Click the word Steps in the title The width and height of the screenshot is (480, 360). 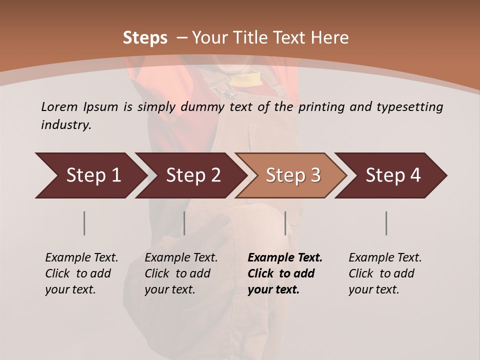click(145, 38)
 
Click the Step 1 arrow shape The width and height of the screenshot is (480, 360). click(90, 175)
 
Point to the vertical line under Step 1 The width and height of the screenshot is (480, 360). click(84, 223)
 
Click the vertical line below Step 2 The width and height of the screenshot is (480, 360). click(184, 223)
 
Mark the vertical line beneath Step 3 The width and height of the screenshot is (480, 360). click(285, 223)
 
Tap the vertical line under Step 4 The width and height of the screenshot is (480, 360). click(386, 223)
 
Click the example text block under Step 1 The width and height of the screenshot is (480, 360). click(81, 273)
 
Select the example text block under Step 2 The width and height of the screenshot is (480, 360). click(181, 273)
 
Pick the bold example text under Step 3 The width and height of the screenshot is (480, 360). click(285, 273)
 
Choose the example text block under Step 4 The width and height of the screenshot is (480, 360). click(385, 273)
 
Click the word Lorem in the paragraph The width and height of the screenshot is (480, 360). click(59, 106)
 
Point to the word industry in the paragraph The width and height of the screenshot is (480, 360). click(66, 124)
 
